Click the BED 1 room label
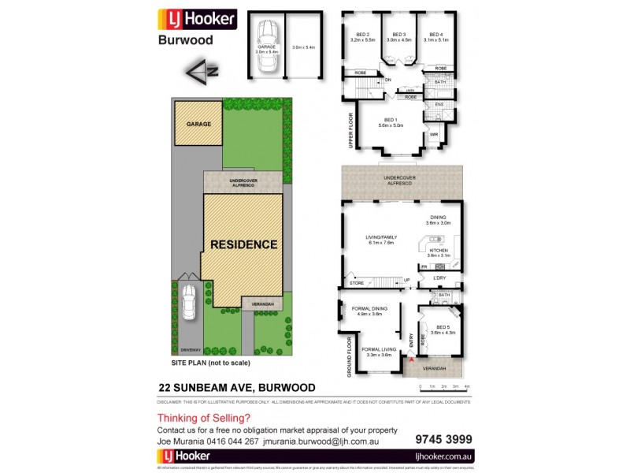pyautogui.click(x=391, y=119)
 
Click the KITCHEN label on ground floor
pyautogui.click(x=437, y=250)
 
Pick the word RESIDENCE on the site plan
pyautogui.click(x=243, y=244)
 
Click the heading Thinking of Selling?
pyautogui.click(x=203, y=418)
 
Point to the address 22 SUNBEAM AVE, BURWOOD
pyautogui.click(x=237, y=387)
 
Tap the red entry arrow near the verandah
pyautogui.click(x=410, y=359)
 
